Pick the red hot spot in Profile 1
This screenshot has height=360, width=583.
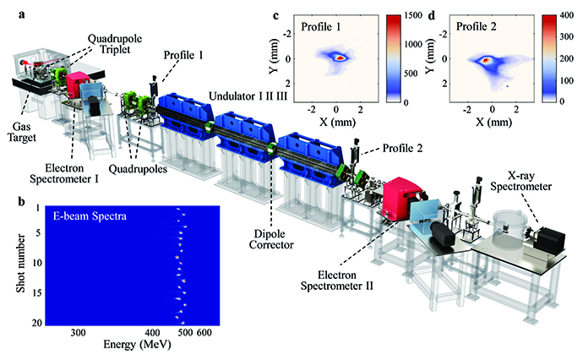pyautogui.click(x=338, y=58)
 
